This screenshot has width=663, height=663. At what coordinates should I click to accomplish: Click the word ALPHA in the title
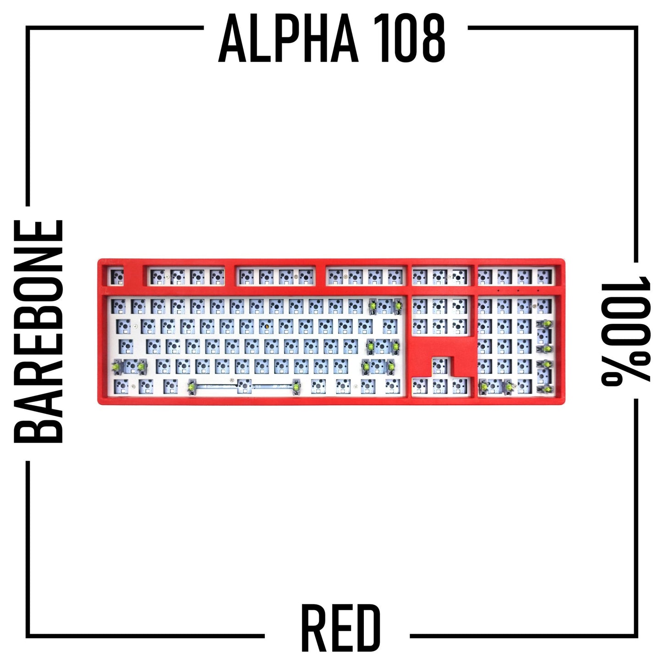(x=289, y=39)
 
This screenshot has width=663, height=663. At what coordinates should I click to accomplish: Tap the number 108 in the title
(x=409, y=39)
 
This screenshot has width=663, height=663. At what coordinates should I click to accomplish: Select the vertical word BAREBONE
(x=38, y=331)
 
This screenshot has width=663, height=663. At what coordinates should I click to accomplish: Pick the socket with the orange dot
(x=266, y=325)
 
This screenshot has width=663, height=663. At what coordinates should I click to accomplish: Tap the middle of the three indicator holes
(x=518, y=291)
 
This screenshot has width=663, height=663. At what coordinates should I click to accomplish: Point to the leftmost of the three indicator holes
(x=498, y=291)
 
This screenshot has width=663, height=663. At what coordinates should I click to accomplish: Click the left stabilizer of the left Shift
(x=116, y=367)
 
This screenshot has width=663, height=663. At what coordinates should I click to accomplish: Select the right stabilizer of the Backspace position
(x=398, y=306)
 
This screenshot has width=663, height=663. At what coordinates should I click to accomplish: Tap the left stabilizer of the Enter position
(x=370, y=346)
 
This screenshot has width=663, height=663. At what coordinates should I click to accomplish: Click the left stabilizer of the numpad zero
(x=485, y=387)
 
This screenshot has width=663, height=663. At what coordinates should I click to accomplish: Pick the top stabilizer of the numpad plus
(x=546, y=324)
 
